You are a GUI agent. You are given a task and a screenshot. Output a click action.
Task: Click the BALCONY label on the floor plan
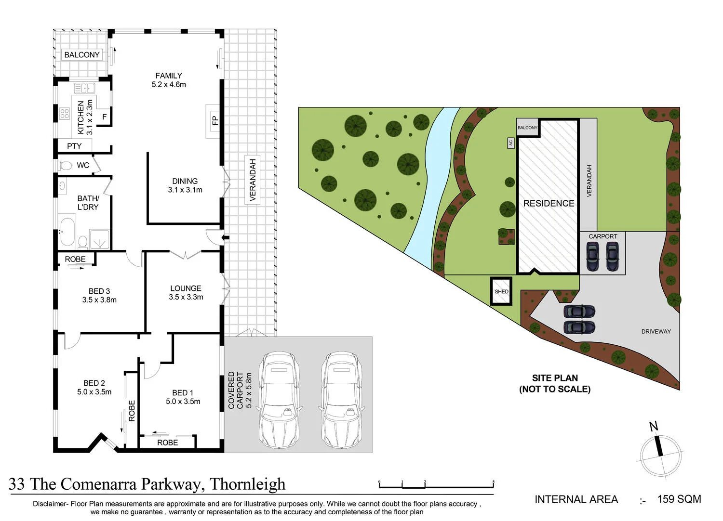pyautogui.click(x=82, y=55)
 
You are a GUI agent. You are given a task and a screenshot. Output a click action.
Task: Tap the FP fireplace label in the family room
pyautogui.click(x=215, y=120)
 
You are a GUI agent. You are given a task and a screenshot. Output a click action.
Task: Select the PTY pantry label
pyautogui.click(x=74, y=146)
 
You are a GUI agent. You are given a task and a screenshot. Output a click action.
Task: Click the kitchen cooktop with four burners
pyautogui.click(x=65, y=114)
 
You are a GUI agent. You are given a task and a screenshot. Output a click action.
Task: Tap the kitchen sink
pyautogui.click(x=84, y=88)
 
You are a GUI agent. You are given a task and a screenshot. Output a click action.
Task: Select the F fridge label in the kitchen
pyautogui.click(x=105, y=117)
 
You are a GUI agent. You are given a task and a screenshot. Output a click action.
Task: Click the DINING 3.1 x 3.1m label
pyautogui.click(x=185, y=185)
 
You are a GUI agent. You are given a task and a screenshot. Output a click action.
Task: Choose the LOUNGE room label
pyautogui.click(x=186, y=288)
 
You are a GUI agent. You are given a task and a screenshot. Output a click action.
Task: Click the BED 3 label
pyautogui.click(x=99, y=291)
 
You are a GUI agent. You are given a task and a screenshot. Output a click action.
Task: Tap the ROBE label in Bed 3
pyautogui.click(x=75, y=259)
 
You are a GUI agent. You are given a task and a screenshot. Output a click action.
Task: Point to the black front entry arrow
pyautogui.click(x=225, y=237)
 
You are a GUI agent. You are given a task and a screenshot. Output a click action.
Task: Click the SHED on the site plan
pyautogui.click(x=501, y=291)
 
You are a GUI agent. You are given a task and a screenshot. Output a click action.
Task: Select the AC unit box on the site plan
pyautogui.click(x=510, y=143)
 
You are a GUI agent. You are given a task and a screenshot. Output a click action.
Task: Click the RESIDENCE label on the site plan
pyautogui.click(x=549, y=203)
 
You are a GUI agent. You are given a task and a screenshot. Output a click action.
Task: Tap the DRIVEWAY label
pyautogui.click(x=656, y=331)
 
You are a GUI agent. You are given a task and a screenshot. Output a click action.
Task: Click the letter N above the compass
pyautogui.click(x=654, y=427)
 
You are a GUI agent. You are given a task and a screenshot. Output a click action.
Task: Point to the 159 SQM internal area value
pyautogui.click(x=679, y=499)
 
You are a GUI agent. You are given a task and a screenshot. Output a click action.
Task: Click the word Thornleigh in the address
pyautogui.click(x=248, y=484)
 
